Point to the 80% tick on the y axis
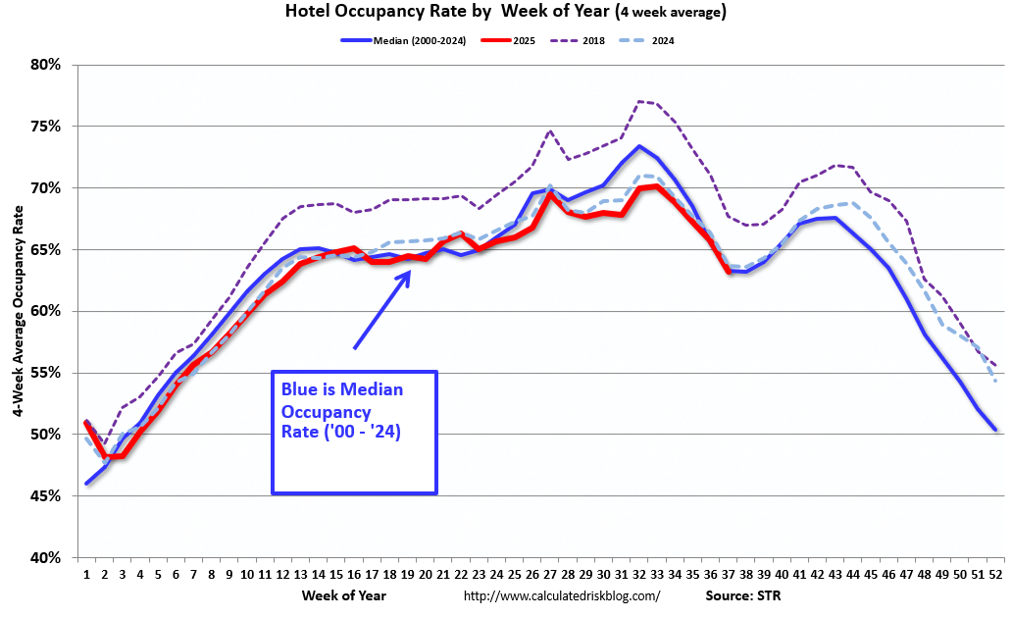click(44, 65)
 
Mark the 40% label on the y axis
click(44, 558)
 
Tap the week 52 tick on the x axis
click(995, 576)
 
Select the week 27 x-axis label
click(549, 576)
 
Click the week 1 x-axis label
click(86, 576)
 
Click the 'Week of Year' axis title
click(345, 595)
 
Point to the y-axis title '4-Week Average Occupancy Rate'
click(19, 312)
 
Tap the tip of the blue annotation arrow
click(409, 272)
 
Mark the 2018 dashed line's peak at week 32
click(638, 101)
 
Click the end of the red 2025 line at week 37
click(729, 271)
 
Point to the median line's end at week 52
click(995, 430)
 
